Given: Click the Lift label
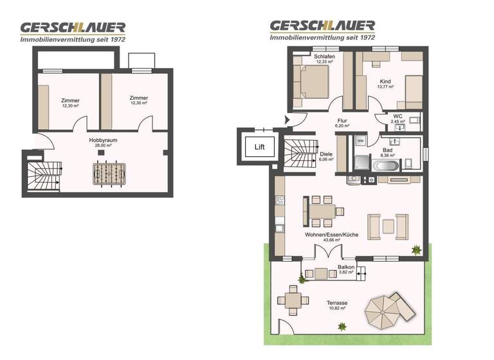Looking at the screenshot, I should click(x=259, y=147).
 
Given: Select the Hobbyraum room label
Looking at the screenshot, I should click(x=103, y=139).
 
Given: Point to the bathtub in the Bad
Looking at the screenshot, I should click(x=386, y=166).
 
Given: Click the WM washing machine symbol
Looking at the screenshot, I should click(x=360, y=139).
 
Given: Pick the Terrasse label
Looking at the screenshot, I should click(x=336, y=303).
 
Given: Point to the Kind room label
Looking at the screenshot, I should click(x=385, y=82).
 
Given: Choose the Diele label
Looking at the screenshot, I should click(x=326, y=154).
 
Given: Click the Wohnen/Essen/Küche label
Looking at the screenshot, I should click(x=332, y=235).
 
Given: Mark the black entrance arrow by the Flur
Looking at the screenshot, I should click(x=288, y=119).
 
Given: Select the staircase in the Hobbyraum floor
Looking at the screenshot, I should click(x=42, y=177).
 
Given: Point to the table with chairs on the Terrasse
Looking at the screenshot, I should click(x=292, y=300).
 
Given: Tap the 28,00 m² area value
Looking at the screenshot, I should click(x=103, y=145).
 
